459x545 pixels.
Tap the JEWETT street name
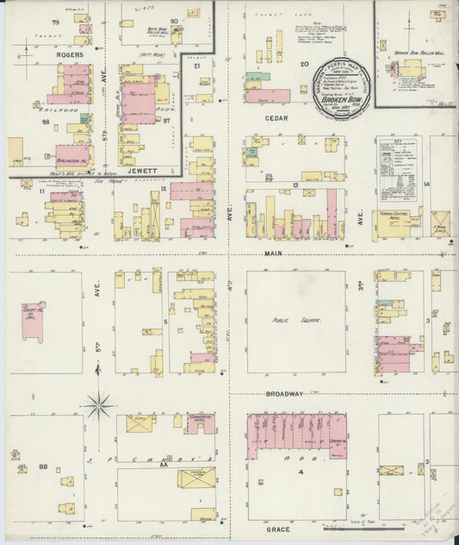pos(140,171)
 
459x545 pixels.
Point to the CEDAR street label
pos(276,118)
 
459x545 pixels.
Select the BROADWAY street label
pos(284,393)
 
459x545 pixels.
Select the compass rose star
pos(99,403)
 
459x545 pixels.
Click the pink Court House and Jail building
pos(33,320)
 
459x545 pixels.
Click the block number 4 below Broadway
pos(301,473)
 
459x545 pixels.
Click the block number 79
pos(56,20)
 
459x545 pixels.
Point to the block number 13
pos(295,185)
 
